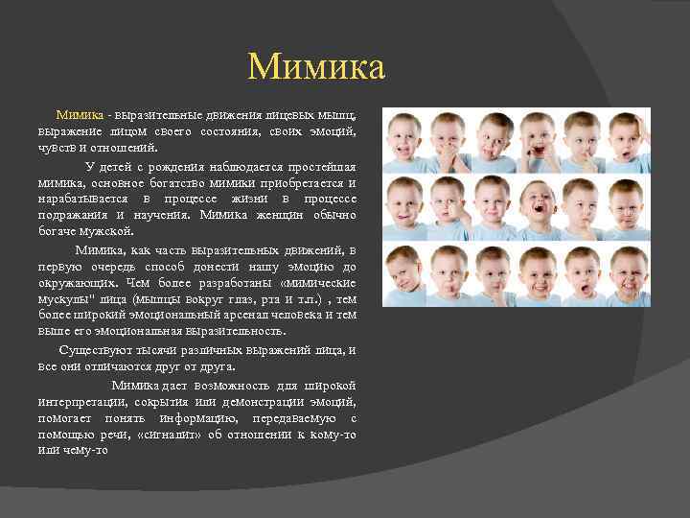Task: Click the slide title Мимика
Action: click(315, 67)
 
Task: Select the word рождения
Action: click(178, 165)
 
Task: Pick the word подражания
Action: click(74, 215)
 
